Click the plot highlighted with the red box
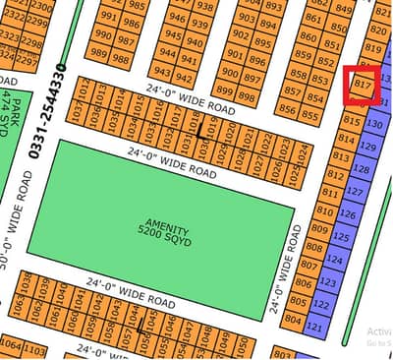click(x=363, y=85)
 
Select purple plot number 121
click(x=315, y=327)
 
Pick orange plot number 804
click(x=293, y=319)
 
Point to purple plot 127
click(x=351, y=190)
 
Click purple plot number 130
click(x=373, y=125)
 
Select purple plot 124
click(x=334, y=261)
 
